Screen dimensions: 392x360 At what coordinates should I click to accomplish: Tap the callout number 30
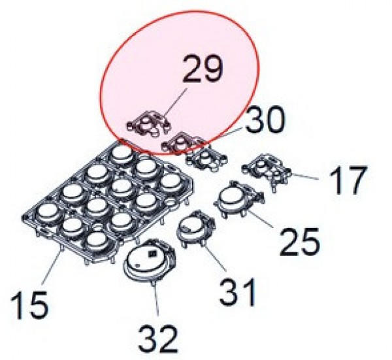point(265,120)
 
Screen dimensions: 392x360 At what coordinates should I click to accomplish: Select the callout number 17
point(348,180)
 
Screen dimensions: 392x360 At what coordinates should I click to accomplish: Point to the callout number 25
point(299,242)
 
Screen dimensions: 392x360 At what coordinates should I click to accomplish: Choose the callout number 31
point(238,292)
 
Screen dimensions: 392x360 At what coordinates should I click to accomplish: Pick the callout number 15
point(29,304)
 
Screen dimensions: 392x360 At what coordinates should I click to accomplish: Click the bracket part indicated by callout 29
point(149,123)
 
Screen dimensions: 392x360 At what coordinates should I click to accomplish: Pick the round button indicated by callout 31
point(197,228)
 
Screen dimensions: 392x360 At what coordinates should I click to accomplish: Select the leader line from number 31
point(215,258)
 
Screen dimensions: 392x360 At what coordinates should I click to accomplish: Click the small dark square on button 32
point(152,254)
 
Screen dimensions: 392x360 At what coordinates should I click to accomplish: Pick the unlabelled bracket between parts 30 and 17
point(206,158)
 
